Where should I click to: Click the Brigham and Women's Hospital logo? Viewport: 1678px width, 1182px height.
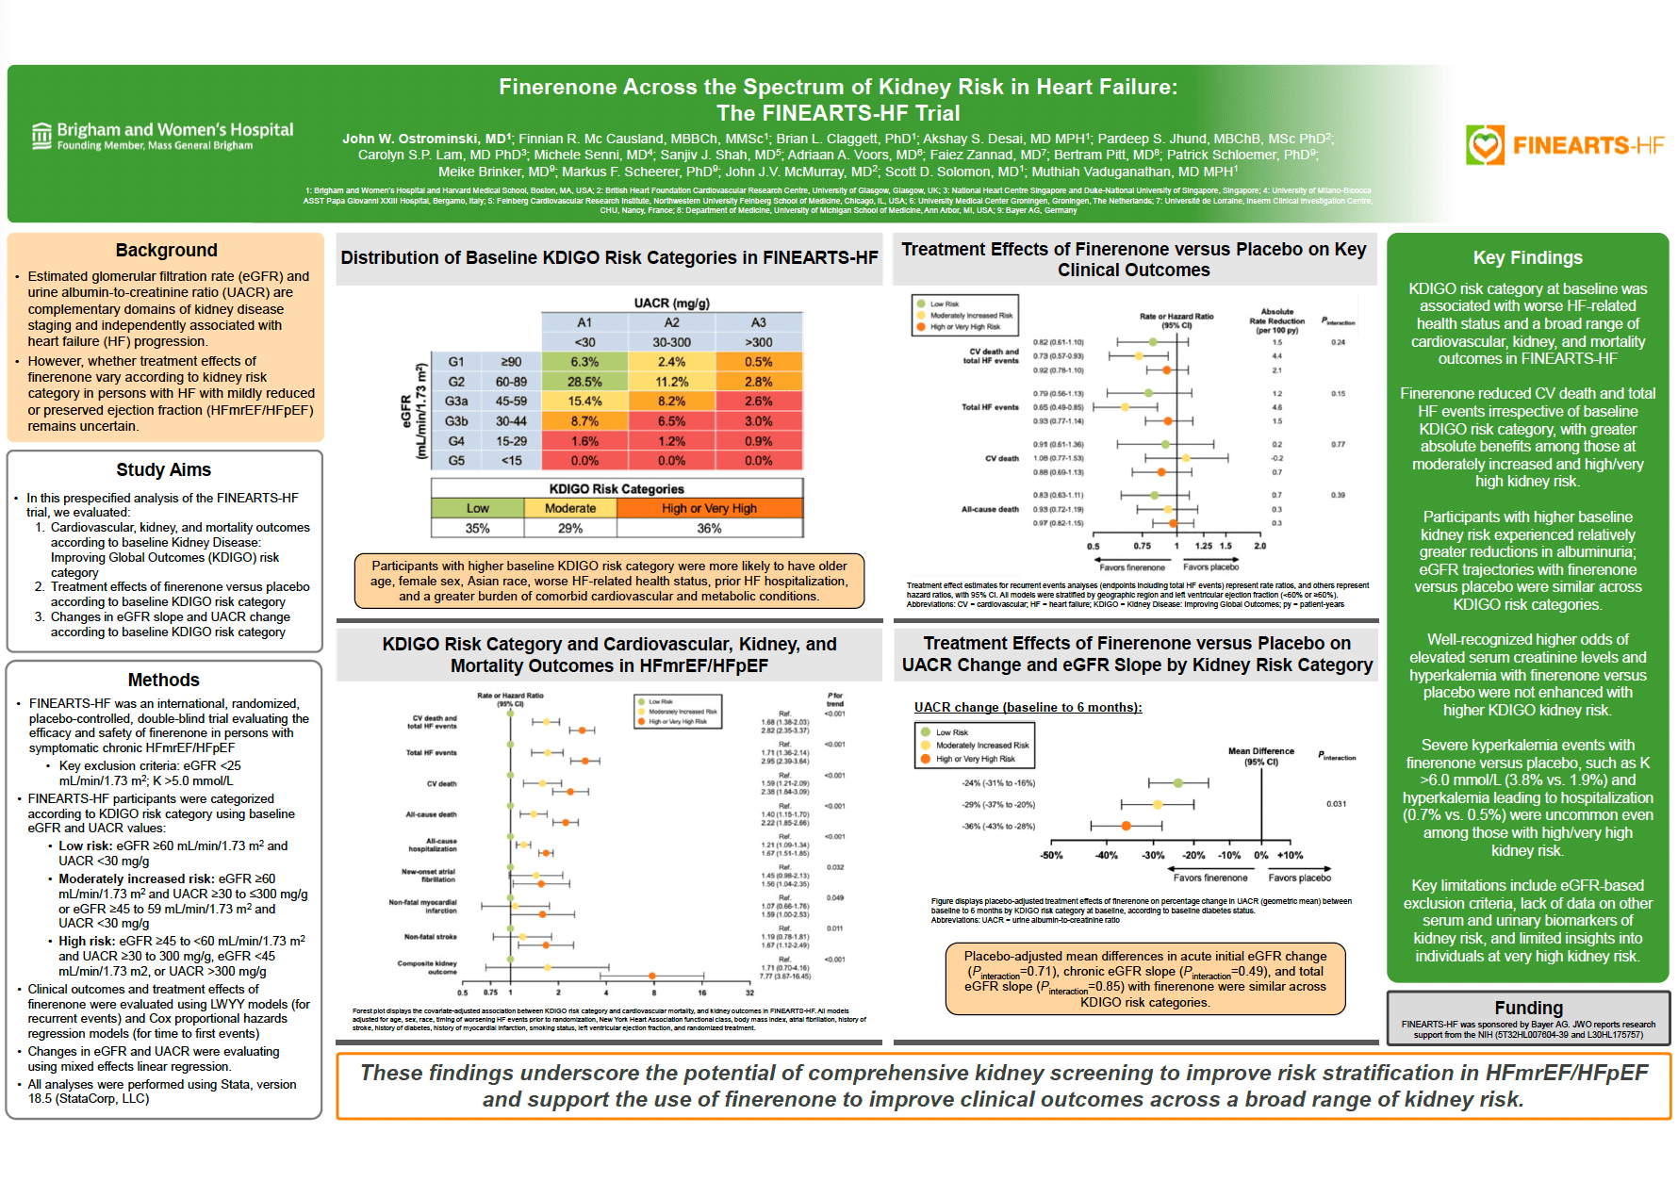pyautogui.click(x=162, y=136)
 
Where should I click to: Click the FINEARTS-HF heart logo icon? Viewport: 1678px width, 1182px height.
pyautogui.click(x=1485, y=145)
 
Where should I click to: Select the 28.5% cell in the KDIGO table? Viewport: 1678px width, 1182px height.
pyautogui.click(x=584, y=382)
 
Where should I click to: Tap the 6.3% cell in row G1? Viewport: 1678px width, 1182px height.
pyautogui.click(x=584, y=362)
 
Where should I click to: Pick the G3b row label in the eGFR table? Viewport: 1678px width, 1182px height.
pyautogui.click(x=456, y=421)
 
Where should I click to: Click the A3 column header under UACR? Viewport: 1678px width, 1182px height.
pyautogui.click(x=758, y=322)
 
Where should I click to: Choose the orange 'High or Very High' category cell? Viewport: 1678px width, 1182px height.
pyautogui.click(x=709, y=508)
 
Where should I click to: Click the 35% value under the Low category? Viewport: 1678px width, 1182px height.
pyautogui.click(x=477, y=529)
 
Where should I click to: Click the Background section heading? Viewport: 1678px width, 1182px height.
pyautogui.click(x=166, y=250)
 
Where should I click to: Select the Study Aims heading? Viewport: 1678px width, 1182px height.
pyautogui.click(x=163, y=469)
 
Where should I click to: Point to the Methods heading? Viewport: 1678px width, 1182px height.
pyautogui.click(x=163, y=680)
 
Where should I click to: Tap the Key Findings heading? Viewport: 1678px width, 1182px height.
pyautogui.click(x=1527, y=257)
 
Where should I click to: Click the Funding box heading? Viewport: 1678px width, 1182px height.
pyautogui.click(x=1528, y=1008)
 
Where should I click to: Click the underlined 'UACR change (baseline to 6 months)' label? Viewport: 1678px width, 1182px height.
pyautogui.click(x=1028, y=707)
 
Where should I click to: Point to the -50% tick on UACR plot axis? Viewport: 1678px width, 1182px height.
pyautogui.click(x=1051, y=856)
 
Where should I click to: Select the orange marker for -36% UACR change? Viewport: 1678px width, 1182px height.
pyautogui.click(x=1126, y=826)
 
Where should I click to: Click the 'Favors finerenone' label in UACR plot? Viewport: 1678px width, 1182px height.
pyautogui.click(x=1209, y=878)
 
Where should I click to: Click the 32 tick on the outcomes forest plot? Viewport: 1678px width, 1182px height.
pyautogui.click(x=749, y=993)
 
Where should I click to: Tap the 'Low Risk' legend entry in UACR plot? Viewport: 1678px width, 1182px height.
pyautogui.click(x=951, y=732)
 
